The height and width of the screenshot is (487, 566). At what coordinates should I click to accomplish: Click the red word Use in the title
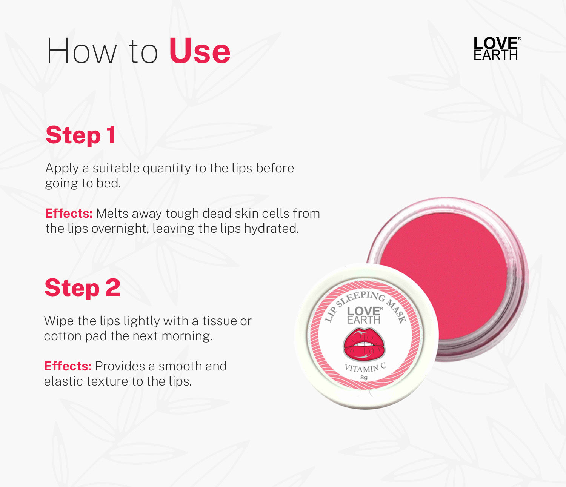click(200, 51)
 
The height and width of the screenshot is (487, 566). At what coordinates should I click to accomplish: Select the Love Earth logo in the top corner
click(497, 48)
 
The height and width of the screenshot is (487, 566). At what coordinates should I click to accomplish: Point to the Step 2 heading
click(82, 287)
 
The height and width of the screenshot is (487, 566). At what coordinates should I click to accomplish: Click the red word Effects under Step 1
click(69, 213)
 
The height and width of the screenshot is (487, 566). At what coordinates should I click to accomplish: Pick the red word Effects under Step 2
click(68, 366)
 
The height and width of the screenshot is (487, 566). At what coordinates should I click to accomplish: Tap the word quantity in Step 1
click(167, 169)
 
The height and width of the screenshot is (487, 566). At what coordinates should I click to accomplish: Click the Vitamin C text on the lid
click(365, 367)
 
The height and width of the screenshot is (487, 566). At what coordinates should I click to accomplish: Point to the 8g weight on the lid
click(364, 378)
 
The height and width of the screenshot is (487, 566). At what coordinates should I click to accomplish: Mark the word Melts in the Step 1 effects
click(112, 213)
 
